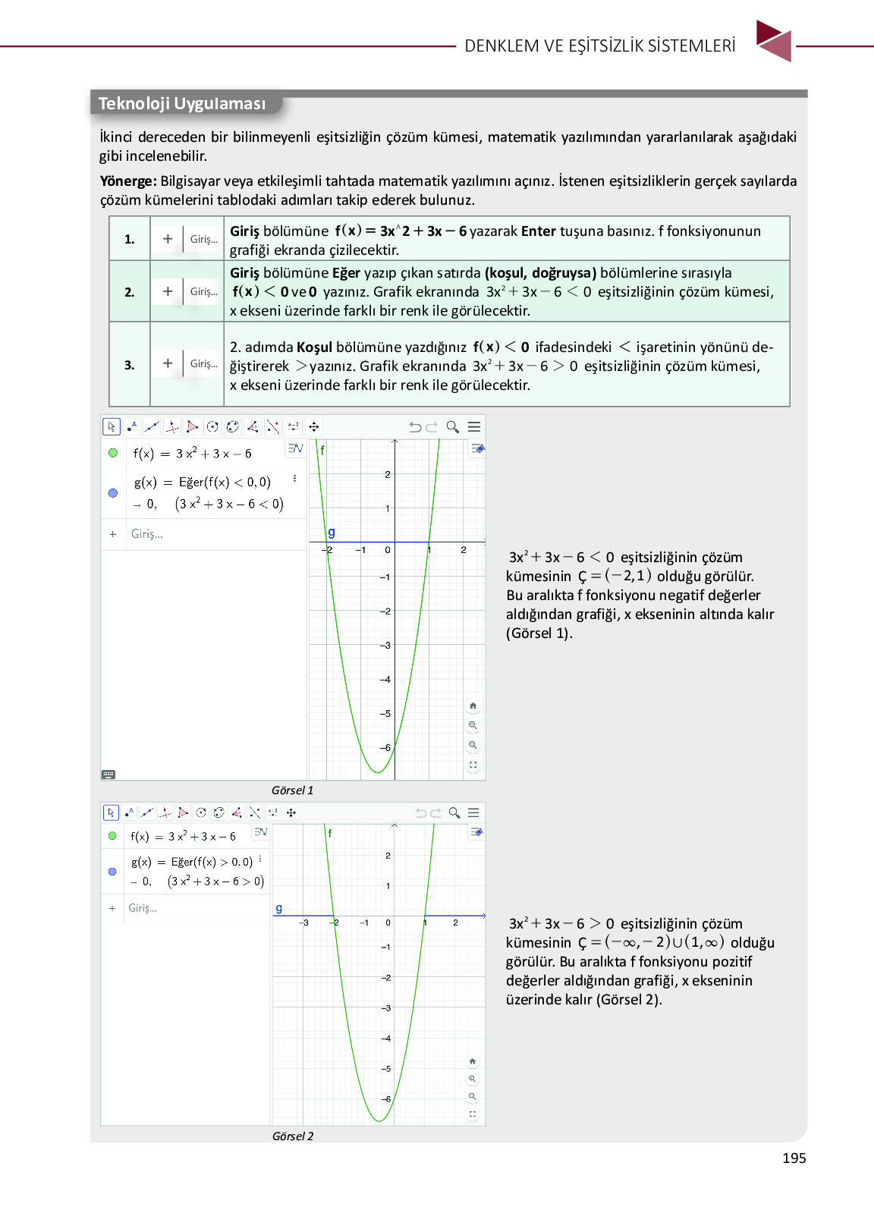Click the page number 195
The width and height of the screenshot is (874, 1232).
pos(794,1158)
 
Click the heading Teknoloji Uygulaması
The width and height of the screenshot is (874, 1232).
pos(182,103)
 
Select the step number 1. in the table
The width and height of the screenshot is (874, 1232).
pos(130,239)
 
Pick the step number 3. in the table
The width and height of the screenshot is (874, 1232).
pos(130,365)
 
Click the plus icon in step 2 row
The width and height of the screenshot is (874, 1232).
pos(168,291)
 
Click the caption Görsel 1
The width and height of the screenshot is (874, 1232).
pos(292,790)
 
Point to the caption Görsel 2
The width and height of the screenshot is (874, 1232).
pos(293,1136)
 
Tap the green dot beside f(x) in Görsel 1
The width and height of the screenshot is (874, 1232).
pos(113,453)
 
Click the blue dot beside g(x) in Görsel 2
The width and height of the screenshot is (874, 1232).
pos(112,872)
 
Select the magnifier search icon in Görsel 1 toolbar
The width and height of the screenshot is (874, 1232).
pos(453,427)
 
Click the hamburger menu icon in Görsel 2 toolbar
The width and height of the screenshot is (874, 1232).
pos(473,812)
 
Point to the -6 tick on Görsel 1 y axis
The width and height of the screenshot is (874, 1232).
pos(385,748)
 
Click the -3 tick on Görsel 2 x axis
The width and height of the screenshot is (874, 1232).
pos(304,923)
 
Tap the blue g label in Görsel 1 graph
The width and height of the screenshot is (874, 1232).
pos(332,533)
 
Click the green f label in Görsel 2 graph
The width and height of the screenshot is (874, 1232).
pos(330,833)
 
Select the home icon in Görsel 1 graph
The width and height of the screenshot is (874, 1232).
pos(473,706)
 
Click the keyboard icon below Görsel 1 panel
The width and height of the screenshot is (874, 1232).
pos(108,775)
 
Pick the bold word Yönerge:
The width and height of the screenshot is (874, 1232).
pos(128,181)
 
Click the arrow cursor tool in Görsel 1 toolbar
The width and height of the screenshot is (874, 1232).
pos(112,427)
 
